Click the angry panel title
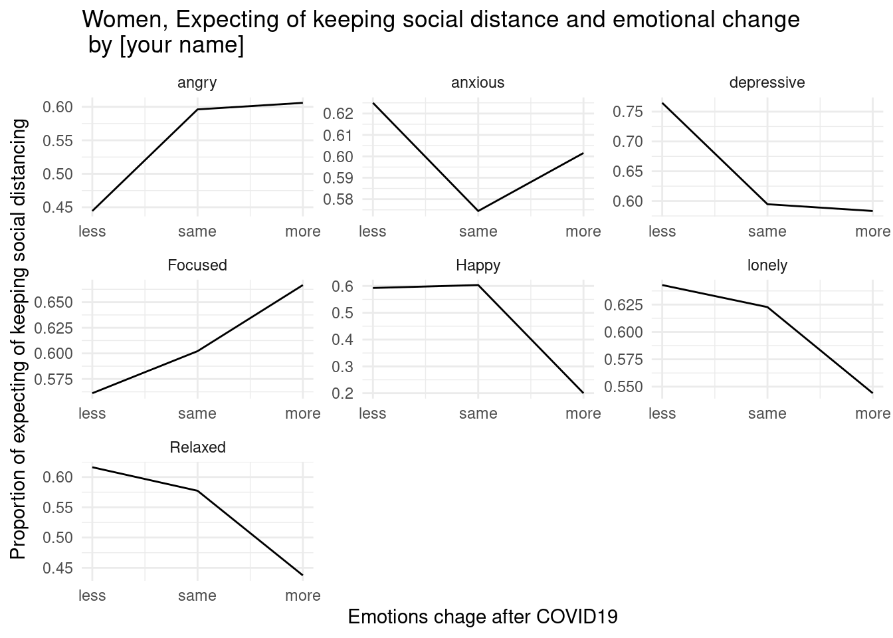pos(197,83)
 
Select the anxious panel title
pos(478,83)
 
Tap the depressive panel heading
pos(767,83)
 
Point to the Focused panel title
pos(197,266)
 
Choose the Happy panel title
pos(478,266)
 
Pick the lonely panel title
pos(767,266)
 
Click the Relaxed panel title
pos(197,448)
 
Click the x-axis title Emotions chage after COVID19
pos(482,617)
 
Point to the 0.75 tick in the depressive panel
pos(628,112)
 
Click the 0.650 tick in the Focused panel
pos(58,302)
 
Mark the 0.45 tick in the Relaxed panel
pos(58,569)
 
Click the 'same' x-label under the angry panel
pos(197,231)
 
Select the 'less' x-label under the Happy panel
pos(372,413)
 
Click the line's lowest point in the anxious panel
pos(478,211)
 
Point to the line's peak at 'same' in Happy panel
pos(478,285)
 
